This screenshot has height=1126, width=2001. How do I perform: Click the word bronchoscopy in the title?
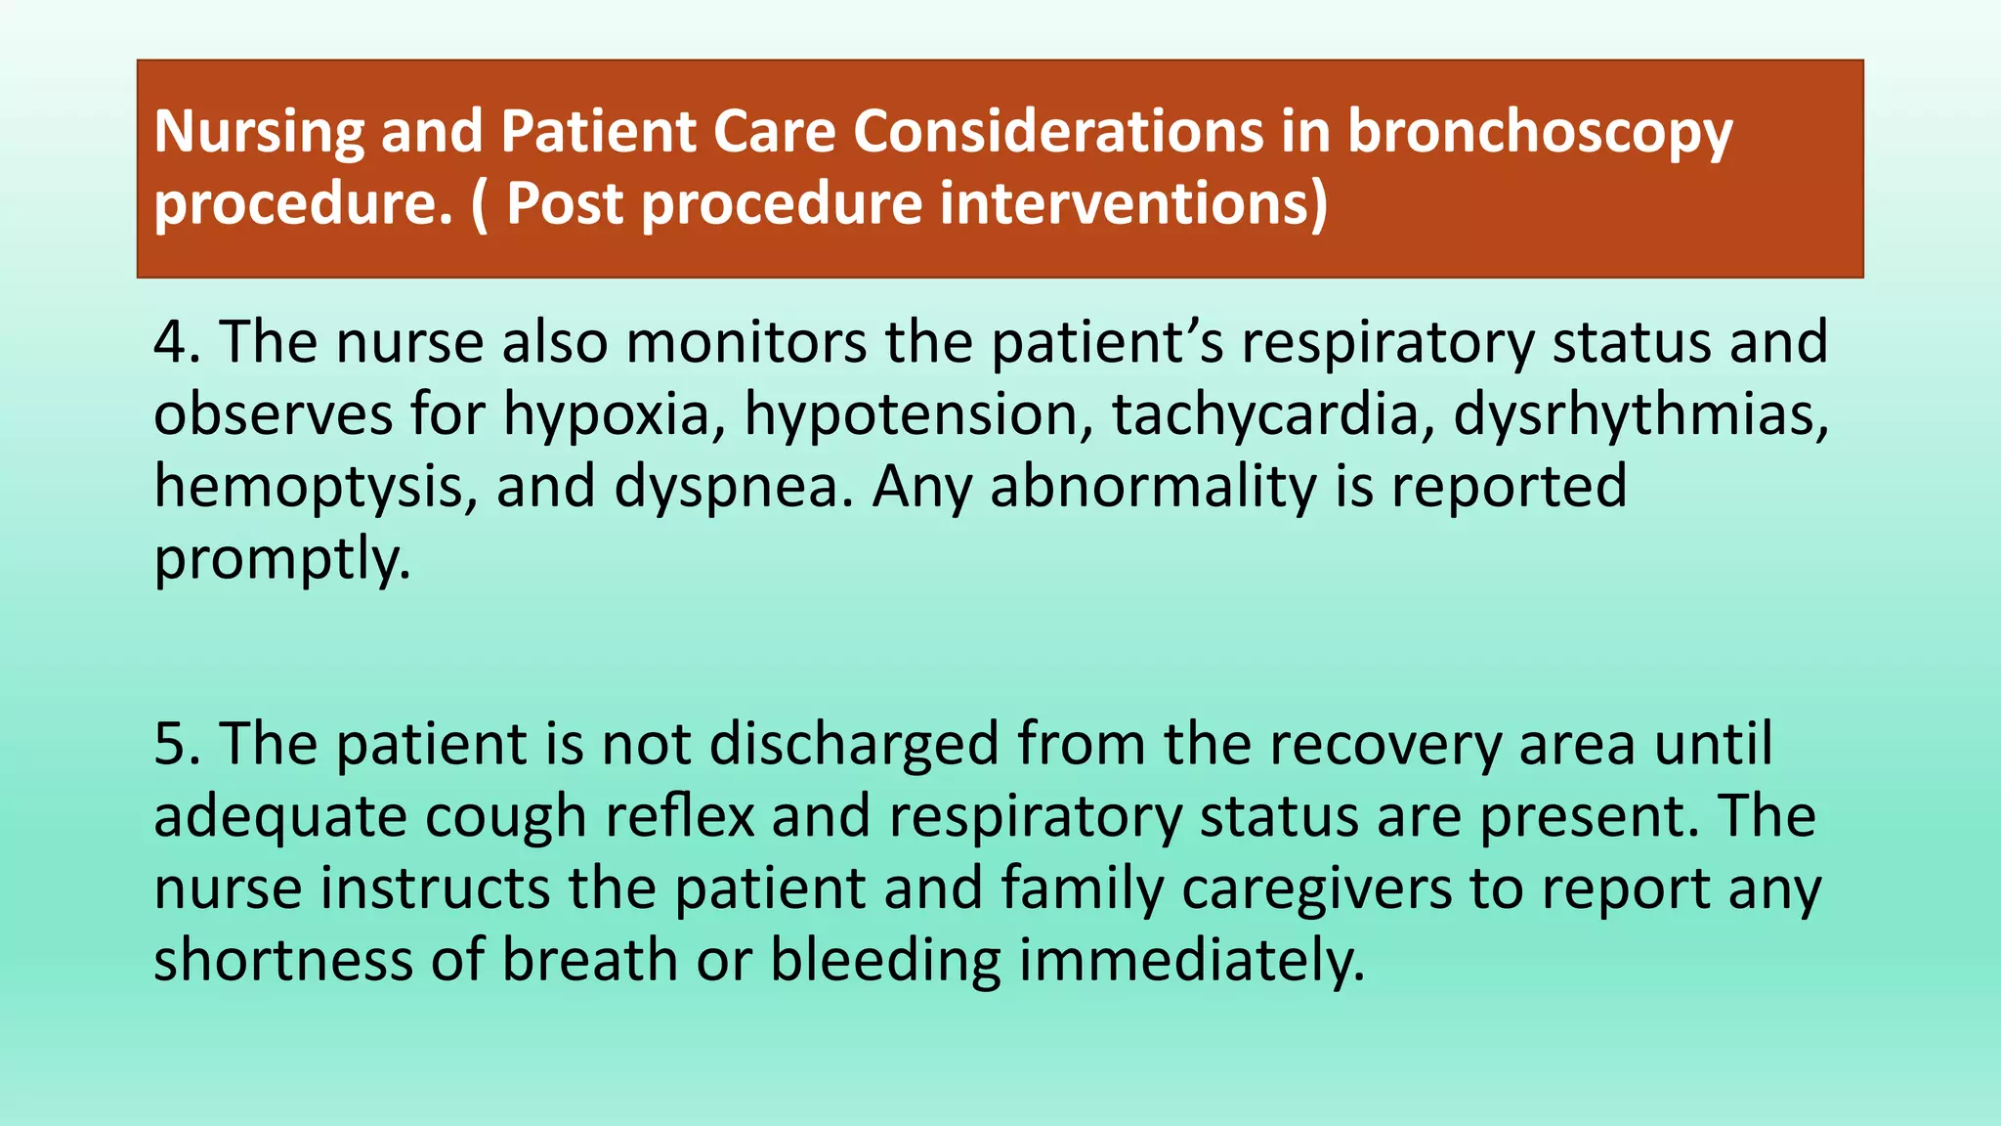1540,133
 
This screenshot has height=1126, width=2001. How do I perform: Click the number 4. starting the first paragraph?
177,342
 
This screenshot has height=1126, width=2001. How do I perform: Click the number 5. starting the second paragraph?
177,744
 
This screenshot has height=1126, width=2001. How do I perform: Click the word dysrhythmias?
1641,414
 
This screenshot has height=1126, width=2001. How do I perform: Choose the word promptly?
281,559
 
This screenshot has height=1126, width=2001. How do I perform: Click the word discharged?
853,744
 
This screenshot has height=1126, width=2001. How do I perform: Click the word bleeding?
885,961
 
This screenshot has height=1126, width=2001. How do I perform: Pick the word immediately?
1192,961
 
